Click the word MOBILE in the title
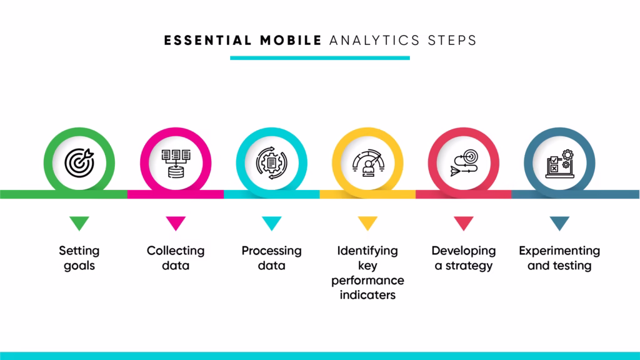tap(291, 41)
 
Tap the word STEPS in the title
tap(452, 41)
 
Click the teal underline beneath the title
tap(320, 58)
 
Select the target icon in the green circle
tap(79, 163)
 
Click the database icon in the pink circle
tap(176, 163)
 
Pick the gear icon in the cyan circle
tap(272, 163)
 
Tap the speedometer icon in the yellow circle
tap(368, 163)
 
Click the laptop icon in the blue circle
tap(559, 164)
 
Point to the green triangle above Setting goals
tap(79, 223)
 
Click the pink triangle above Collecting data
tap(176, 223)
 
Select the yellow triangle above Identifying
tap(367, 223)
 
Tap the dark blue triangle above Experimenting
tap(559, 223)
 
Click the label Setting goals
tap(79, 258)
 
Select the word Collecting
tap(176, 251)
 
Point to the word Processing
tap(271, 251)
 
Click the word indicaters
tap(367, 295)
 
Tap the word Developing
tap(464, 251)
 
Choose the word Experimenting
tap(559, 251)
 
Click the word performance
tap(367, 281)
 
